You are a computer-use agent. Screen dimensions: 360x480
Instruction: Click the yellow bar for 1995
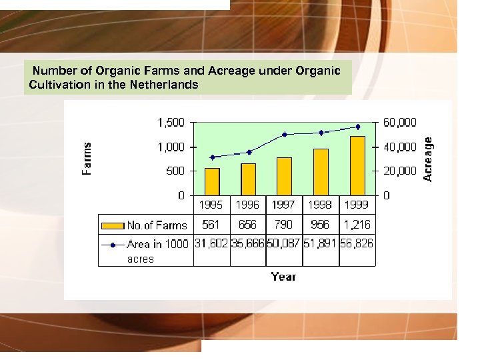click(212, 181)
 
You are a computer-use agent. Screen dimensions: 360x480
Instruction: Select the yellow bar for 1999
click(358, 165)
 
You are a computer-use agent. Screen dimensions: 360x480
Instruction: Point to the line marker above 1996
click(249, 152)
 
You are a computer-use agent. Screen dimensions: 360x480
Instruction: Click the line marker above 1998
click(321, 133)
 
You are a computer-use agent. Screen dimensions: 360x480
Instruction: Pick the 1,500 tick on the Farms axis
click(171, 123)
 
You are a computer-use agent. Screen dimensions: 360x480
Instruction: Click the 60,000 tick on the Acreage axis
click(399, 123)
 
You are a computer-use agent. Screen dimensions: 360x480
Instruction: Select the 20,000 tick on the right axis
click(399, 171)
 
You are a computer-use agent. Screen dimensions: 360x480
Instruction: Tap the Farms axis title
click(87, 159)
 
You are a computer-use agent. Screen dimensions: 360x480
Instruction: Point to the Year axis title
click(283, 277)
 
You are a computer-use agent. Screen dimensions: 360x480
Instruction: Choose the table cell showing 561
click(211, 225)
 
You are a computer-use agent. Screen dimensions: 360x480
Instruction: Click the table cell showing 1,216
click(357, 225)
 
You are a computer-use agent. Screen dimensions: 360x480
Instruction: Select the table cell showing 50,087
click(285, 244)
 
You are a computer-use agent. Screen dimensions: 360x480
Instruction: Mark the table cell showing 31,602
click(211, 244)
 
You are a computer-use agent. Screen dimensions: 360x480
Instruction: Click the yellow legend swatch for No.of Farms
click(113, 225)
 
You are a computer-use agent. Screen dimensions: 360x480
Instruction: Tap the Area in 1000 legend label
click(158, 244)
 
